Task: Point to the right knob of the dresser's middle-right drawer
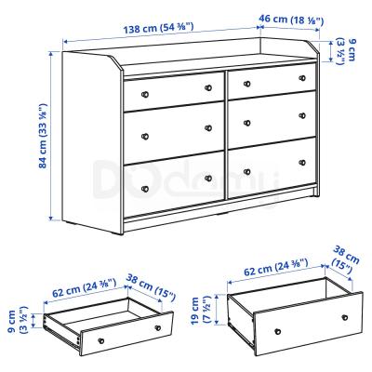[x=300, y=115]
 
